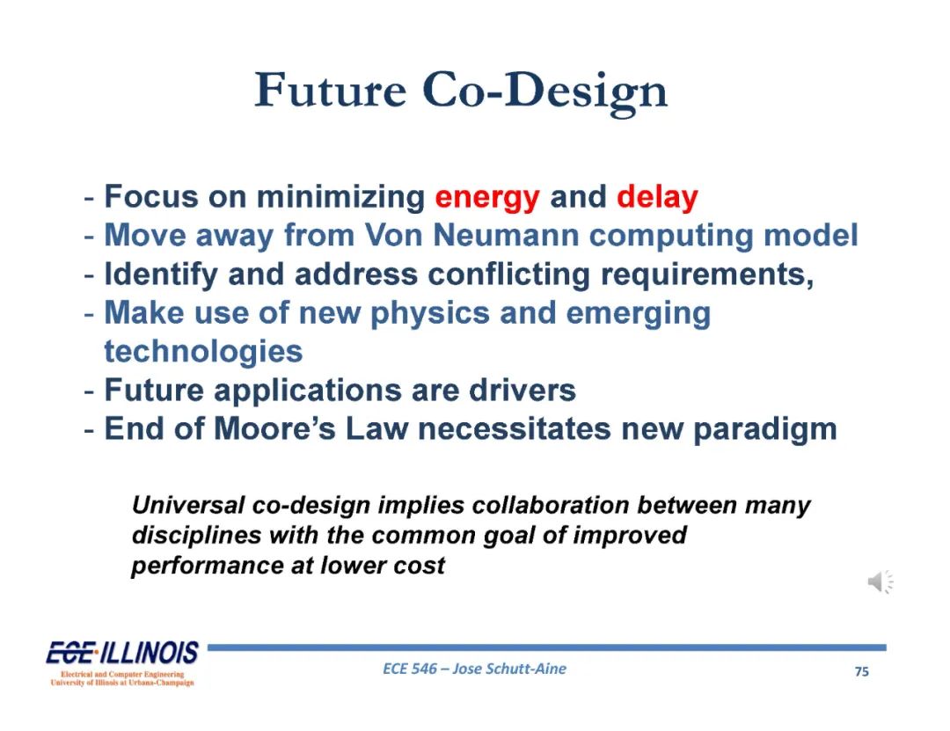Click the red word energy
tap(487, 198)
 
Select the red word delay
tap(657, 197)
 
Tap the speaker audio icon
tap(881, 581)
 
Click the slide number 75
tap(861, 671)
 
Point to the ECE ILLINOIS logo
tap(122, 662)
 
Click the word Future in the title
tap(330, 91)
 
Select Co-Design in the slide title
tap(544, 92)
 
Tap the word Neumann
tap(506, 235)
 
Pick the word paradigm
tap(764, 431)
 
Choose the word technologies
tap(203, 353)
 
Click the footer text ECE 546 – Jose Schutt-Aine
tap(474, 669)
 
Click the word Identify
tap(161, 275)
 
